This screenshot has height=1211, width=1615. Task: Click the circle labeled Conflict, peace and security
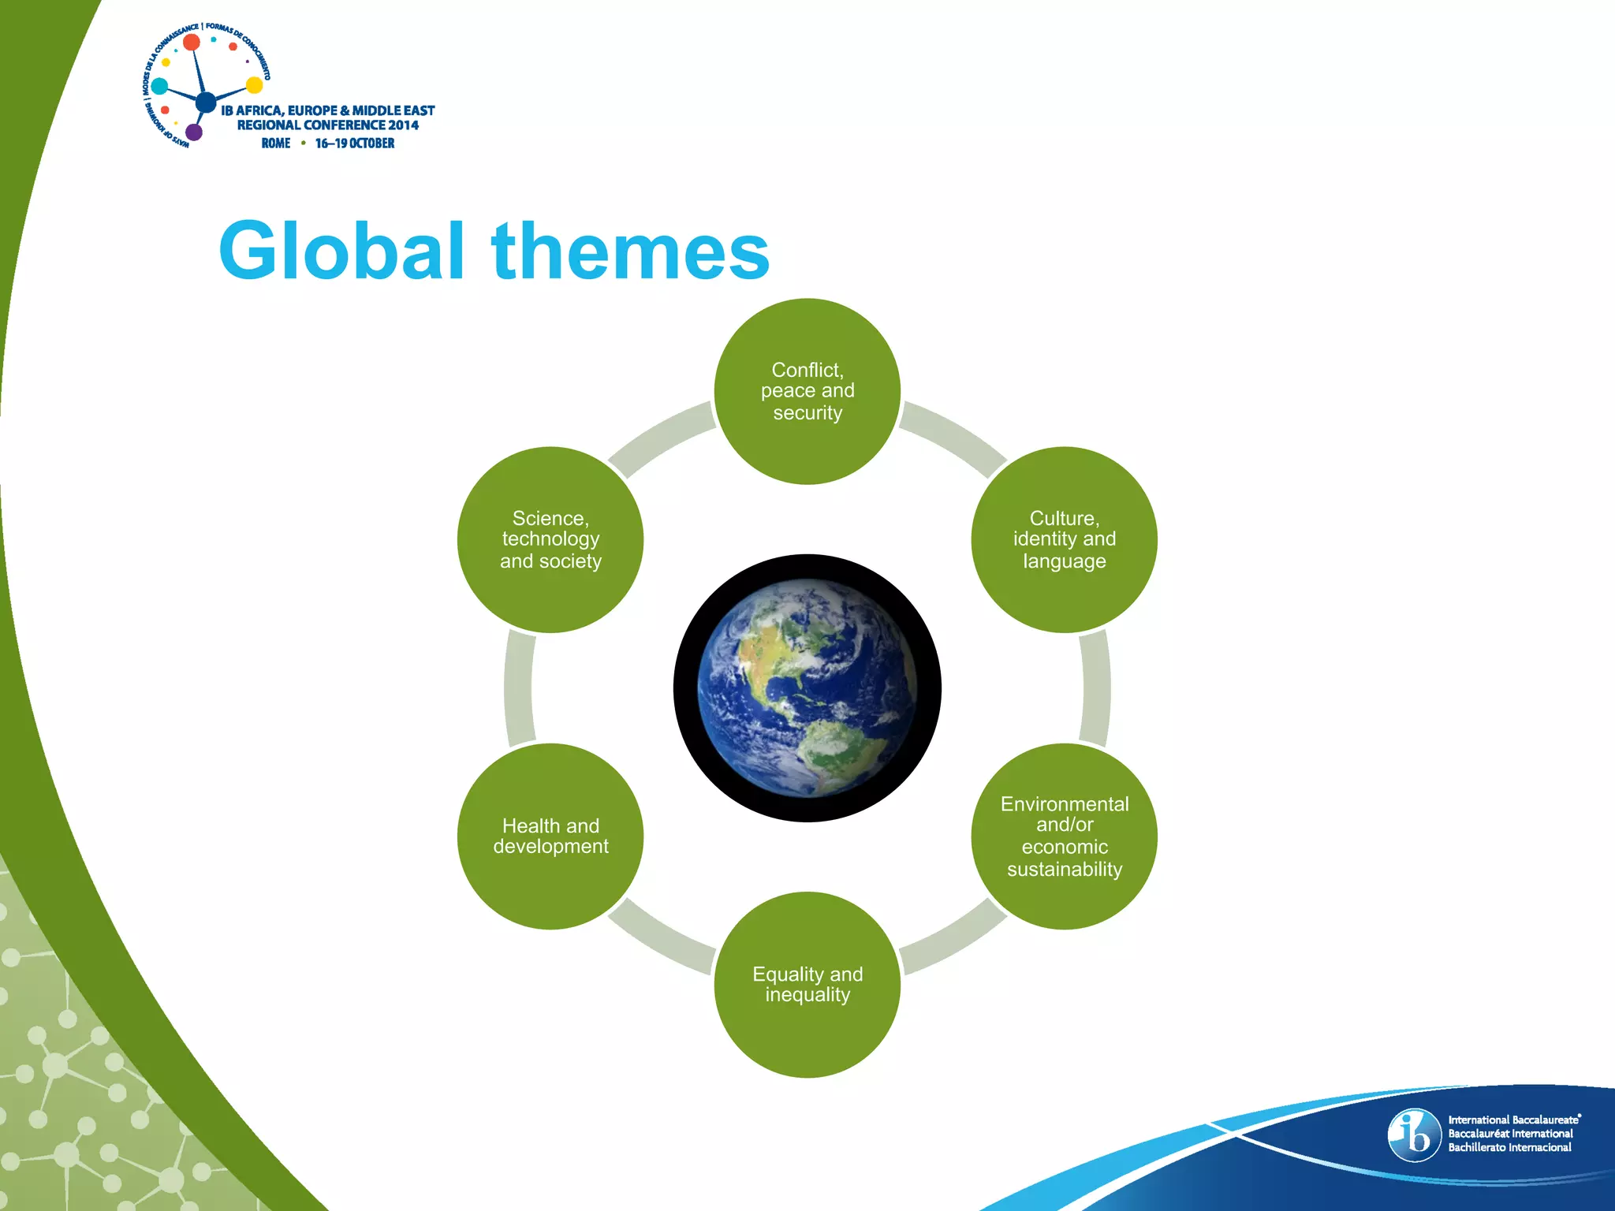807,391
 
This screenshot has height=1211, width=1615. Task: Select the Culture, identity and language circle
1064,539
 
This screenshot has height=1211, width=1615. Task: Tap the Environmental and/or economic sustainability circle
1064,836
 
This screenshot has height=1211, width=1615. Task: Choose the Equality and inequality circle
807,984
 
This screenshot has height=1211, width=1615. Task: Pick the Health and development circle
550,836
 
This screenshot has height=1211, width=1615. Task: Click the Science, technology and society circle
550,539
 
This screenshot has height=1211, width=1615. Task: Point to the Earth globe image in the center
807,687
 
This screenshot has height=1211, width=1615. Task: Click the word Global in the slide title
341,251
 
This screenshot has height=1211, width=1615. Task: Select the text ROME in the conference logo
276,143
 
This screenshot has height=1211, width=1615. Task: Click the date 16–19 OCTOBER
355,143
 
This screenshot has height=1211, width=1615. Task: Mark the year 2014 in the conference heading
403,125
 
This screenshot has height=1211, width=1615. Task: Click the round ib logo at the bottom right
1414,1135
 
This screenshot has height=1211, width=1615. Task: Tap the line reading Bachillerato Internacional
1509,1147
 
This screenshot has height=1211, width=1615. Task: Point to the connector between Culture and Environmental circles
1095,687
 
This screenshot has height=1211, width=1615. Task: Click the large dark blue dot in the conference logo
206,102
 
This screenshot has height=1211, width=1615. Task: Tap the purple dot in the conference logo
193,132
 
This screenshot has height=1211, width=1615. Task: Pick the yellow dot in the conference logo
254,84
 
